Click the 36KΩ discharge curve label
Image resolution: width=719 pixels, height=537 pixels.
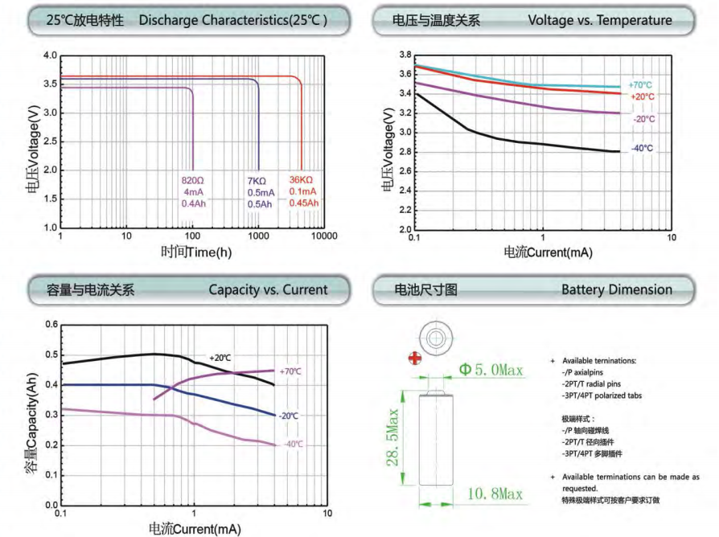point(301,180)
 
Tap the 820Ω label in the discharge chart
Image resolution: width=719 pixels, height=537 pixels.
point(194,180)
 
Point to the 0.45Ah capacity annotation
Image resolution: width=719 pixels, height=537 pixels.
point(303,203)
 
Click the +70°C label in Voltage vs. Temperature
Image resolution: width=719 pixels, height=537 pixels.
point(640,84)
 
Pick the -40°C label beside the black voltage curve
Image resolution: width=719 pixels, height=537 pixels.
point(642,149)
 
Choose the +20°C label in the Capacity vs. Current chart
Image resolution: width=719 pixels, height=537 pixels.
point(220,357)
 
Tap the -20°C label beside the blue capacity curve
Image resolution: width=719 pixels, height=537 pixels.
point(289,416)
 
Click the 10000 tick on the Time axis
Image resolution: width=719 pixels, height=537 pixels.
point(323,236)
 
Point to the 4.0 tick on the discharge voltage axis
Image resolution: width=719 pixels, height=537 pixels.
point(50,55)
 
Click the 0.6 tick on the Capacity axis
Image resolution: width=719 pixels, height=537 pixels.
point(51,325)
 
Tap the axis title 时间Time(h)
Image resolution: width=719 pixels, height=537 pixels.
point(195,252)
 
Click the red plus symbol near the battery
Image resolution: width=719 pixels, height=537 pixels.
point(415,358)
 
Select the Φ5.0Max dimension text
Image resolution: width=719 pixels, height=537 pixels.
point(491,370)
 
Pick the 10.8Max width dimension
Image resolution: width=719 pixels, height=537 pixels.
point(491,492)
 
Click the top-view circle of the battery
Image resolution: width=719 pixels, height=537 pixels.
point(437,338)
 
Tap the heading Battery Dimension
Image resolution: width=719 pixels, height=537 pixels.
point(617,289)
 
